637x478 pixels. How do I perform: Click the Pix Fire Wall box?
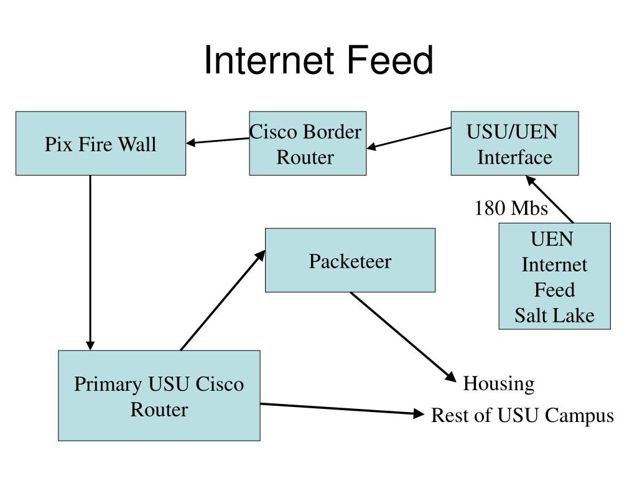pos(101,144)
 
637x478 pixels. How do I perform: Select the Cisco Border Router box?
pos(307,144)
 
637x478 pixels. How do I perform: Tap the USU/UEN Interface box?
pos(514,144)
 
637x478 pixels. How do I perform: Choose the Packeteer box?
pos(350,260)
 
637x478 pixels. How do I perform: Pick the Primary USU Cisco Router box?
pos(159,395)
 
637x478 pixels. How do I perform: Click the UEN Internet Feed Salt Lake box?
pos(554,276)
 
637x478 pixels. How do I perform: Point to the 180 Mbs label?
pos(511,208)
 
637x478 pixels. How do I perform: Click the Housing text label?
pos(499,383)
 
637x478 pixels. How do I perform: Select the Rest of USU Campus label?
pos(523,415)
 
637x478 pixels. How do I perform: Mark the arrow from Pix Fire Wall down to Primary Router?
pos(90,263)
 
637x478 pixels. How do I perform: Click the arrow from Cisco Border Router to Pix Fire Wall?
pos(217,141)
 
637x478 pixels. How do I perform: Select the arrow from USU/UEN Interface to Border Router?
pos(409,139)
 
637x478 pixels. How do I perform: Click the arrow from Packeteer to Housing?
pos(403,337)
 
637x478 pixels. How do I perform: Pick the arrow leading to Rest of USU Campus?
pos(342,409)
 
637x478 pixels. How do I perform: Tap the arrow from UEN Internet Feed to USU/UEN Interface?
pos(550,199)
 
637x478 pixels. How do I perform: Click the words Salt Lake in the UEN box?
pos(554,316)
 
